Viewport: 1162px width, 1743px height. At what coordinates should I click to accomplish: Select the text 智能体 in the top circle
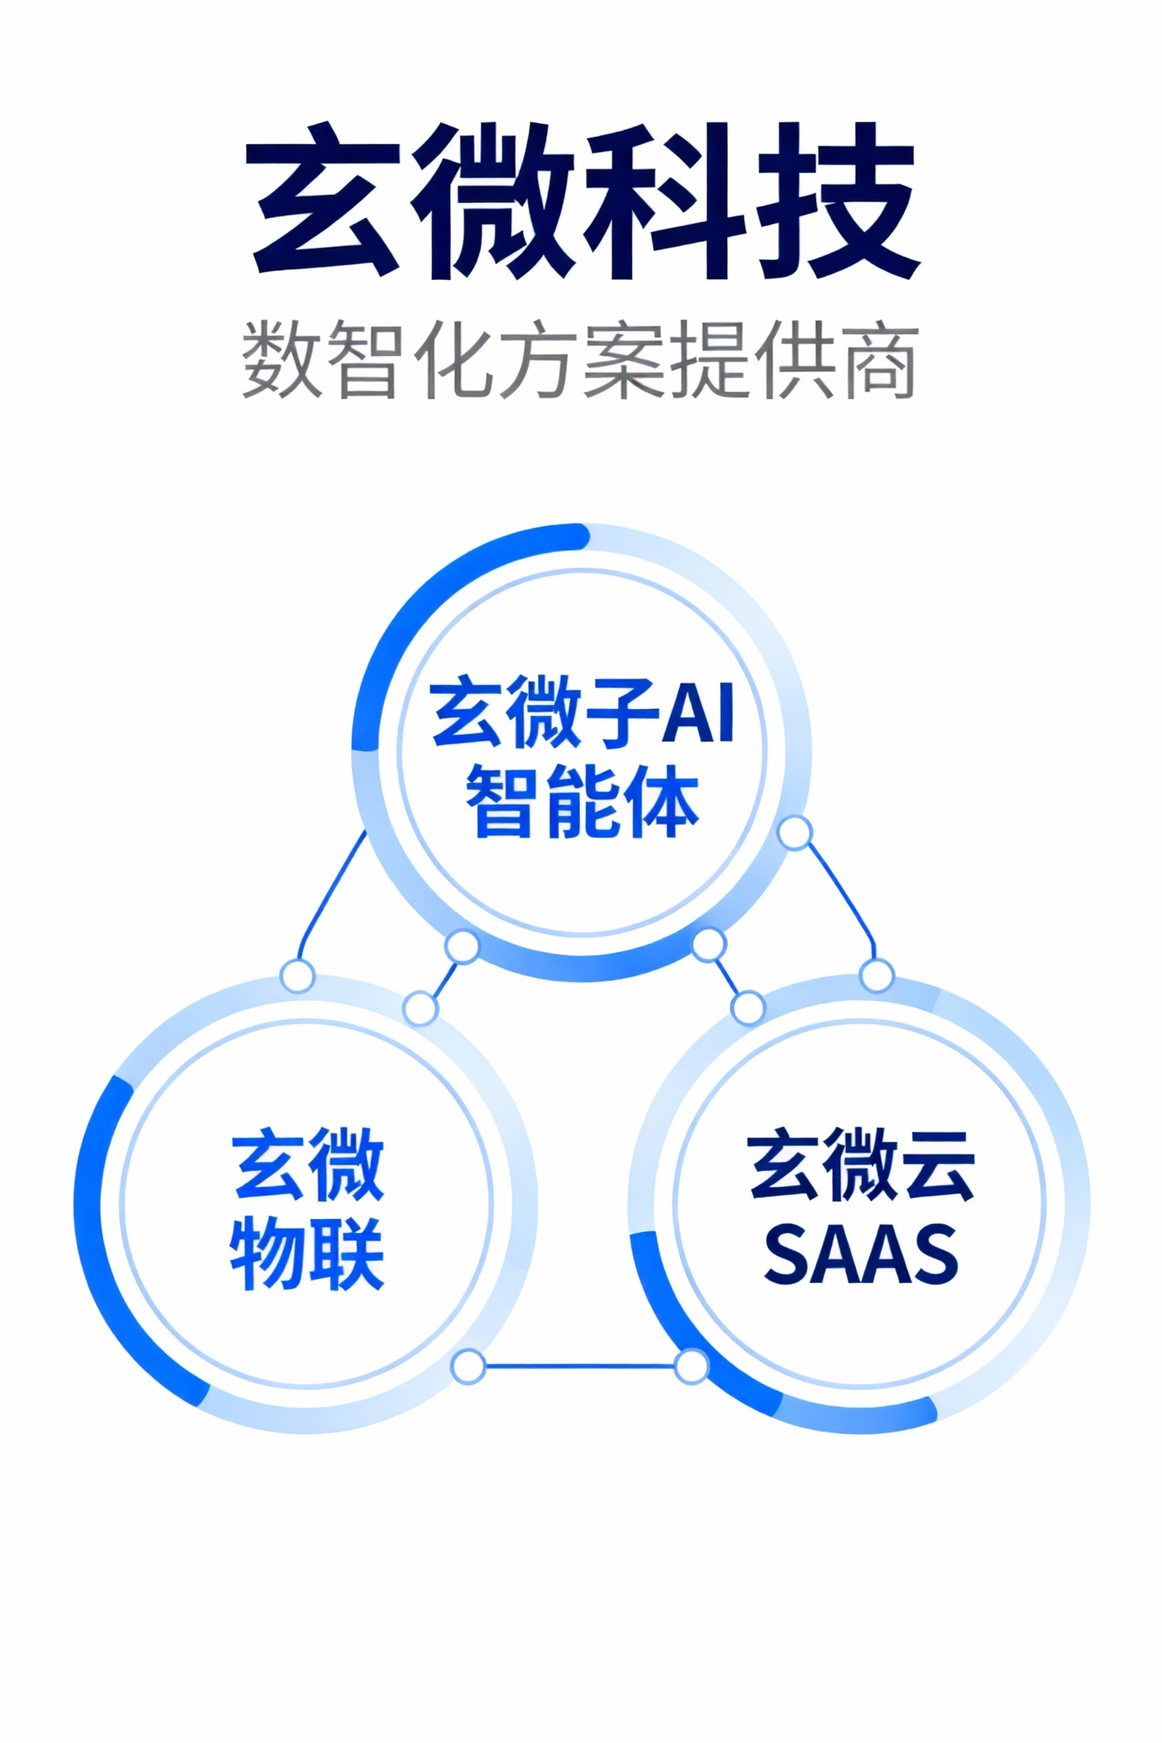tap(582, 802)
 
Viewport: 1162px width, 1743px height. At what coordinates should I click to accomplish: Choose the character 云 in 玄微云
tap(936, 1165)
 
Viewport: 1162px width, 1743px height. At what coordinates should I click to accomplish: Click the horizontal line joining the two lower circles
tap(580, 1366)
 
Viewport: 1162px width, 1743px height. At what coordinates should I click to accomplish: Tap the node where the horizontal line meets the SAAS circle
tap(691, 1366)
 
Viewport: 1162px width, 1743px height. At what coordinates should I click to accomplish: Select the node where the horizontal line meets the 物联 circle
tap(469, 1366)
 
